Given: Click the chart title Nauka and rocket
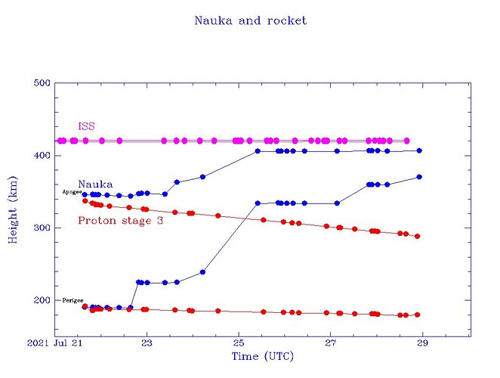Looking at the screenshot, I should (x=251, y=21).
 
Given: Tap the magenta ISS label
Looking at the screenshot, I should (x=87, y=125).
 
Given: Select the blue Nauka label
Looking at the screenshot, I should (x=95, y=184).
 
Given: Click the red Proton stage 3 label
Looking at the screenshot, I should (x=121, y=220).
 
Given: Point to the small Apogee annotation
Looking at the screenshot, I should (x=72, y=193).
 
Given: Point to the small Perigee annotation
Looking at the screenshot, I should (x=73, y=300).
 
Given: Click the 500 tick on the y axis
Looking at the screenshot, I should (x=42, y=83).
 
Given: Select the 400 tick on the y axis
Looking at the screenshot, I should (x=42, y=156).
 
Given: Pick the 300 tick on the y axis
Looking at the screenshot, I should (x=42, y=228).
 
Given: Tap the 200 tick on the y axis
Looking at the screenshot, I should (x=42, y=300).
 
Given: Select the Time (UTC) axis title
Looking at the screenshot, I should (x=262, y=356).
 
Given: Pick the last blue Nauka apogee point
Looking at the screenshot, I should (x=419, y=150).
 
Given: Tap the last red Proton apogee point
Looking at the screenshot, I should (x=417, y=237).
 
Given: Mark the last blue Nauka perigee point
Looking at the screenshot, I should (x=419, y=177).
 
